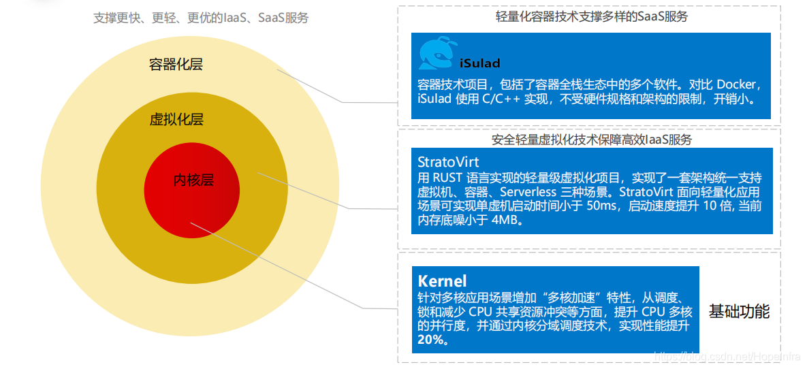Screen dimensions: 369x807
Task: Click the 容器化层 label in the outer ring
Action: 176,65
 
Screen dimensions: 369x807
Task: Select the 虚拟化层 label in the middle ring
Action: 176,121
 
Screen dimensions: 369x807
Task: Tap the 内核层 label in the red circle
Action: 193,180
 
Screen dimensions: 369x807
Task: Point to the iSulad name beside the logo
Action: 479,64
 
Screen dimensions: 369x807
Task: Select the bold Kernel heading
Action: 442,281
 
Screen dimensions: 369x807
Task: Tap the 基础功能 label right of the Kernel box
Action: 739,312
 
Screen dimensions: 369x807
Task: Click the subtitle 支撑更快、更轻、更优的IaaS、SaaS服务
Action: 201,18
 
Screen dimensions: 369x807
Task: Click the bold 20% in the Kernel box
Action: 432,340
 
